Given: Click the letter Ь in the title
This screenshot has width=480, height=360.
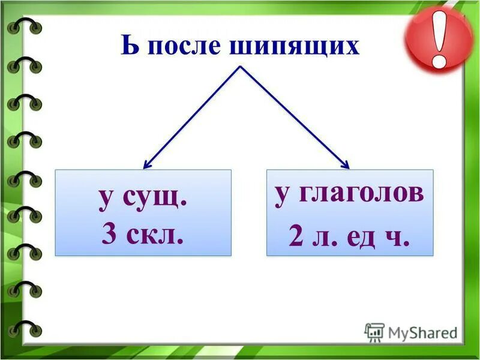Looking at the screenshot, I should (129, 46).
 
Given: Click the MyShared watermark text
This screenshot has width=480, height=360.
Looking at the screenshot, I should (422, 332).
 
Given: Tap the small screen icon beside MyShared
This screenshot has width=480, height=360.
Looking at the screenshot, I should (374, 332).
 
